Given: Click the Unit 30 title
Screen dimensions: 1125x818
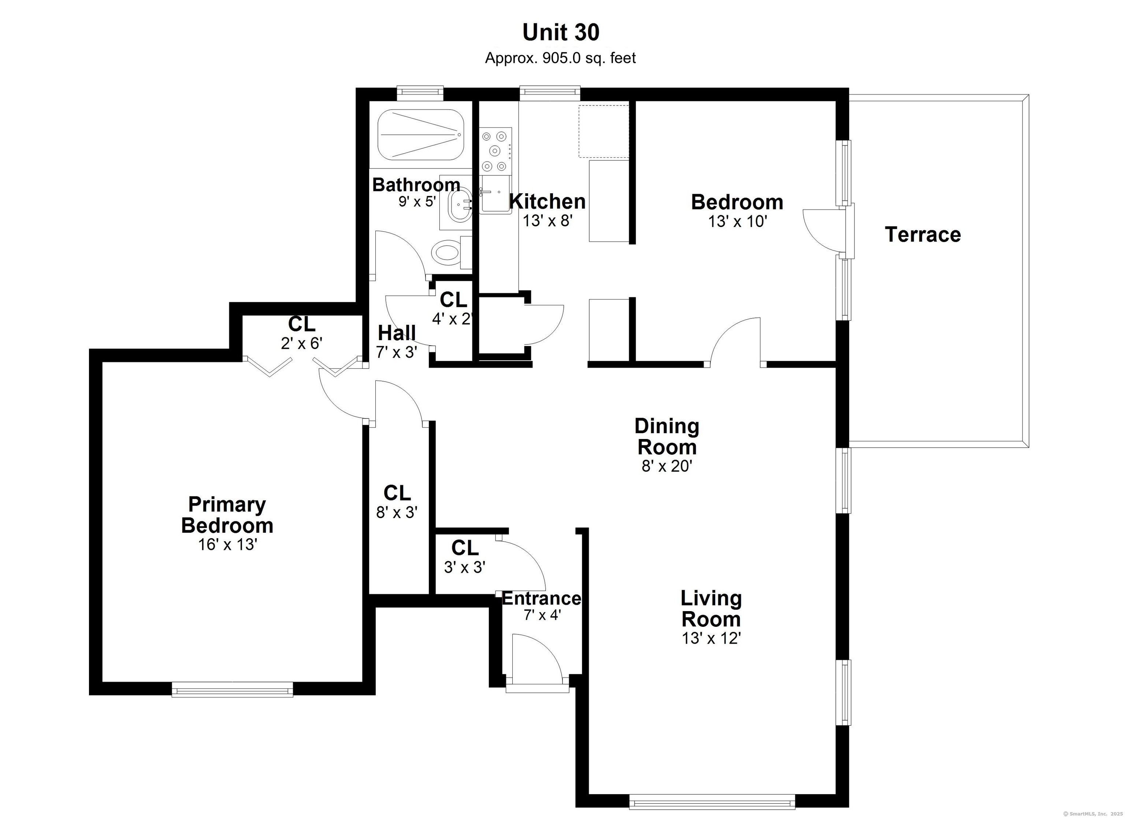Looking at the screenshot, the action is coord(561,33).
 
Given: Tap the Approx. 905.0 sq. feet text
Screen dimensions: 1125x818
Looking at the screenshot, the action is coord(561,58).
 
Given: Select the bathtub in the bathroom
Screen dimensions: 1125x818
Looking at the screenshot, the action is coord(421,135).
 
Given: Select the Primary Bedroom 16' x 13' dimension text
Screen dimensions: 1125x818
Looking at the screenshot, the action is coord(228,545).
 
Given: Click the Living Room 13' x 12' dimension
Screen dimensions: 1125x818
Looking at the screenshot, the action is coord(711,639).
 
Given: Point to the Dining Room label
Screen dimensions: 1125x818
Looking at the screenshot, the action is coord(667,436).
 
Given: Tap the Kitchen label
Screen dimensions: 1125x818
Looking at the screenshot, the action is coord(547,201).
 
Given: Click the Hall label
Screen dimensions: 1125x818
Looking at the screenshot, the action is coord(397,333).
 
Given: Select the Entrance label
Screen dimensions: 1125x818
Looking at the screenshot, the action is coord(542,599).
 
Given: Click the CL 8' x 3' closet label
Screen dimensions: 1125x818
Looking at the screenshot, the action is coord(397,502).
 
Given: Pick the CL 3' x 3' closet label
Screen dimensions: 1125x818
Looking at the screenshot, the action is coord(465,557).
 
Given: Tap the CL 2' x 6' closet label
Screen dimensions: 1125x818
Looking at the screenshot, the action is coord(302,333).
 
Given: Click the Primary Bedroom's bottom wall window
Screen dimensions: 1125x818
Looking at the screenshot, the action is coord(233,689).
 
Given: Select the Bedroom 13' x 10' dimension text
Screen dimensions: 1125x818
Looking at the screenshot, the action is coord(738,222).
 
